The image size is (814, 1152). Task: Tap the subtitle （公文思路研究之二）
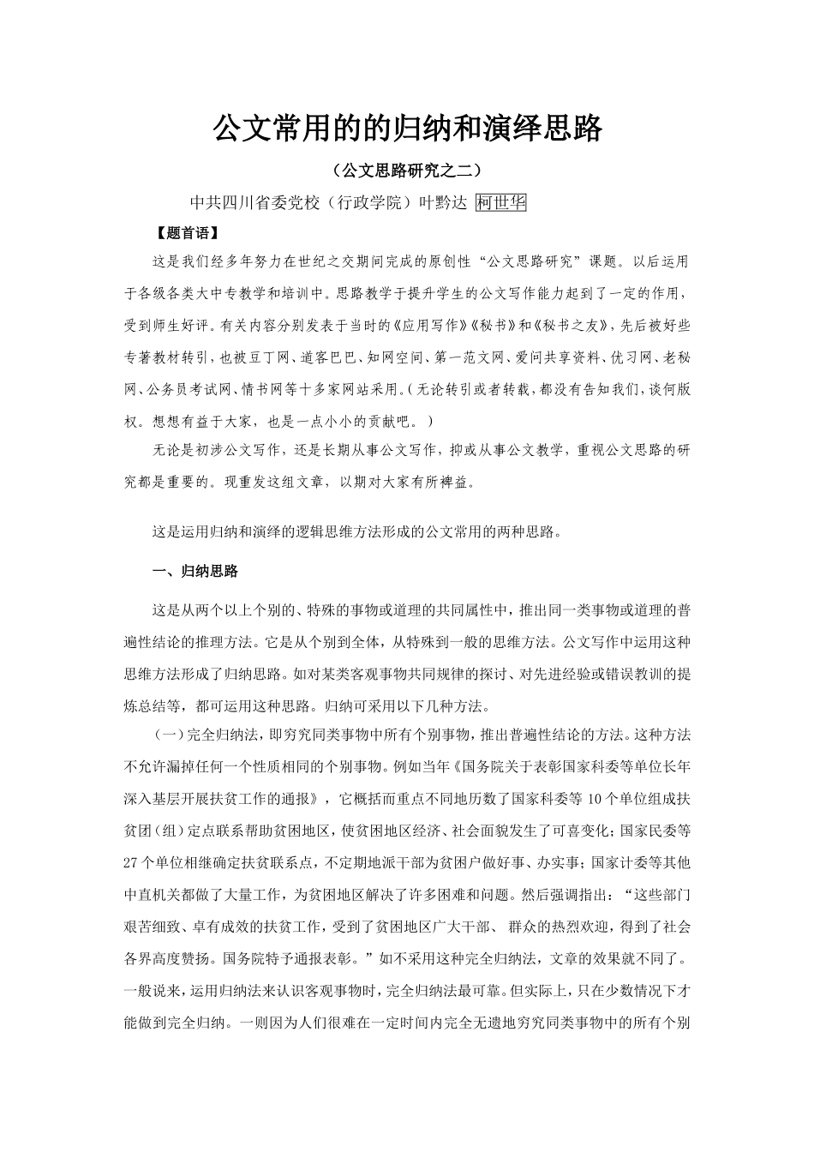(406, 170)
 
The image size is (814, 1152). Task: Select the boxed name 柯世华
(501, 202)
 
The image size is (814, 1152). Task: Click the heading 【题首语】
(182, 232)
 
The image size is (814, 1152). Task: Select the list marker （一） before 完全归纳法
(166, 736)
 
